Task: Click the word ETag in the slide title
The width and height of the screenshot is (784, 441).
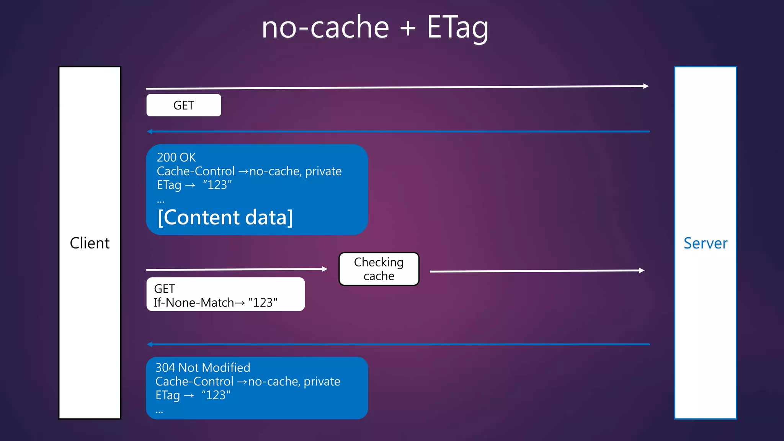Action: point(457,28)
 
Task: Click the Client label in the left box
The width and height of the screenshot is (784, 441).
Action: point(90,243)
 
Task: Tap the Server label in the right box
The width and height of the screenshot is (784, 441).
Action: point(705,243)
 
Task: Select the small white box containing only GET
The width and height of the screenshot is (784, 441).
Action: point(183,105)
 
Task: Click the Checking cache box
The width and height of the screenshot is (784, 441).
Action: point(379,269)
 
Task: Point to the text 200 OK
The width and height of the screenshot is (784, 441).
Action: point(176,157)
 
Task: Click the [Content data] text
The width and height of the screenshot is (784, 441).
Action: point(225,217)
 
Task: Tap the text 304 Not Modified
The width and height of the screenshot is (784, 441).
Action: point(203,367)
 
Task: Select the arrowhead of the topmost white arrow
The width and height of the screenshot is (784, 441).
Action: point(646,86)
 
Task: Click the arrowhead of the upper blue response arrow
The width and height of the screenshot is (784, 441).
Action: point(150,132)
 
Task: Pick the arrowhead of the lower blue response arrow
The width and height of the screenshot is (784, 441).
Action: point(150,345)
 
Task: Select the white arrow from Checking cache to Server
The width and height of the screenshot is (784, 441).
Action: point(536,271)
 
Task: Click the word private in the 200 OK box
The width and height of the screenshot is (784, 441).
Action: point(323,171)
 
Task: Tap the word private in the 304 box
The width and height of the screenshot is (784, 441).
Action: point(322,381)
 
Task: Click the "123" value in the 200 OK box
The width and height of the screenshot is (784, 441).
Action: point(217,185)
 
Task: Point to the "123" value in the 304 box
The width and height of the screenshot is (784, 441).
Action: point(216,395)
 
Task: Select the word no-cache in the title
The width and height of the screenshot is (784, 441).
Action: point(325,28)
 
